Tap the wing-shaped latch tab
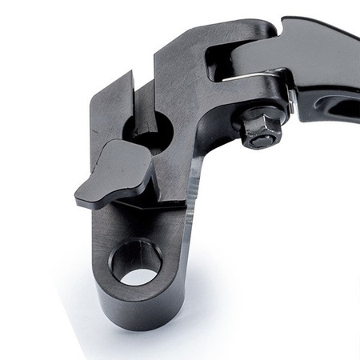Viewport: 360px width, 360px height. (116, 172)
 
